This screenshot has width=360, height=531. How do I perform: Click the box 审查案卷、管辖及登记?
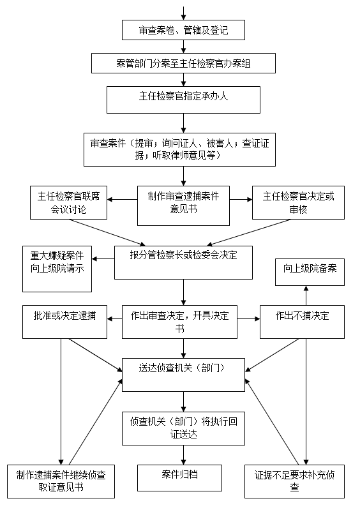pos(183,30)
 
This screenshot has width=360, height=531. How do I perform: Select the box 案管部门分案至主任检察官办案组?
pos(183,63)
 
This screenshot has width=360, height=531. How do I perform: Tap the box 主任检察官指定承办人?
pos(183,100)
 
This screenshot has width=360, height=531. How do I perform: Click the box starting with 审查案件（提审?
pos(179,149)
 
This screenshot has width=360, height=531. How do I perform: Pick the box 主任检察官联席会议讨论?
pos(68,202)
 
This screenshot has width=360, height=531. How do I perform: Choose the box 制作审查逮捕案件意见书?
pos(183,206)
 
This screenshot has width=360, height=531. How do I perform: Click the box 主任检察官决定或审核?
pos(298,202)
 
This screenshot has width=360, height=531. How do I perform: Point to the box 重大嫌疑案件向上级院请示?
pos(57,269)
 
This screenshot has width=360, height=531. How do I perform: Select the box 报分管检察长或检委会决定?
pos(183,262)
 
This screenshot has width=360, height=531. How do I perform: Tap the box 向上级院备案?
pos(310,272)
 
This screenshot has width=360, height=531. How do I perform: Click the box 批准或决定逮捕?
pos(64,322)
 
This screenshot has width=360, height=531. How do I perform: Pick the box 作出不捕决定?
pos(302,322)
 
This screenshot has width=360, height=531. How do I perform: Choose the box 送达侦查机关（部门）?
pos(183,375)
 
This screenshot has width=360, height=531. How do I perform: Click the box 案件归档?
pos(179,478)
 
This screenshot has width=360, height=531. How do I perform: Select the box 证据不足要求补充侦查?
pos(294,481)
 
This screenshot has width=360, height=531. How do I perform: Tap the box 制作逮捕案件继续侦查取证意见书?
pos(61,481)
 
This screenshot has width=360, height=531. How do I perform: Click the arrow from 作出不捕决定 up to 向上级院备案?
pos(306,295)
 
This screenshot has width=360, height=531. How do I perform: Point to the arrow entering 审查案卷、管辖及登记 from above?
pos(183,13)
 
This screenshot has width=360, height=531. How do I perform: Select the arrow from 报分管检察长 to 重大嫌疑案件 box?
pos(103,259)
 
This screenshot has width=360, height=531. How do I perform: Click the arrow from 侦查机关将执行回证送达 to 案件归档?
pos(183,455)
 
